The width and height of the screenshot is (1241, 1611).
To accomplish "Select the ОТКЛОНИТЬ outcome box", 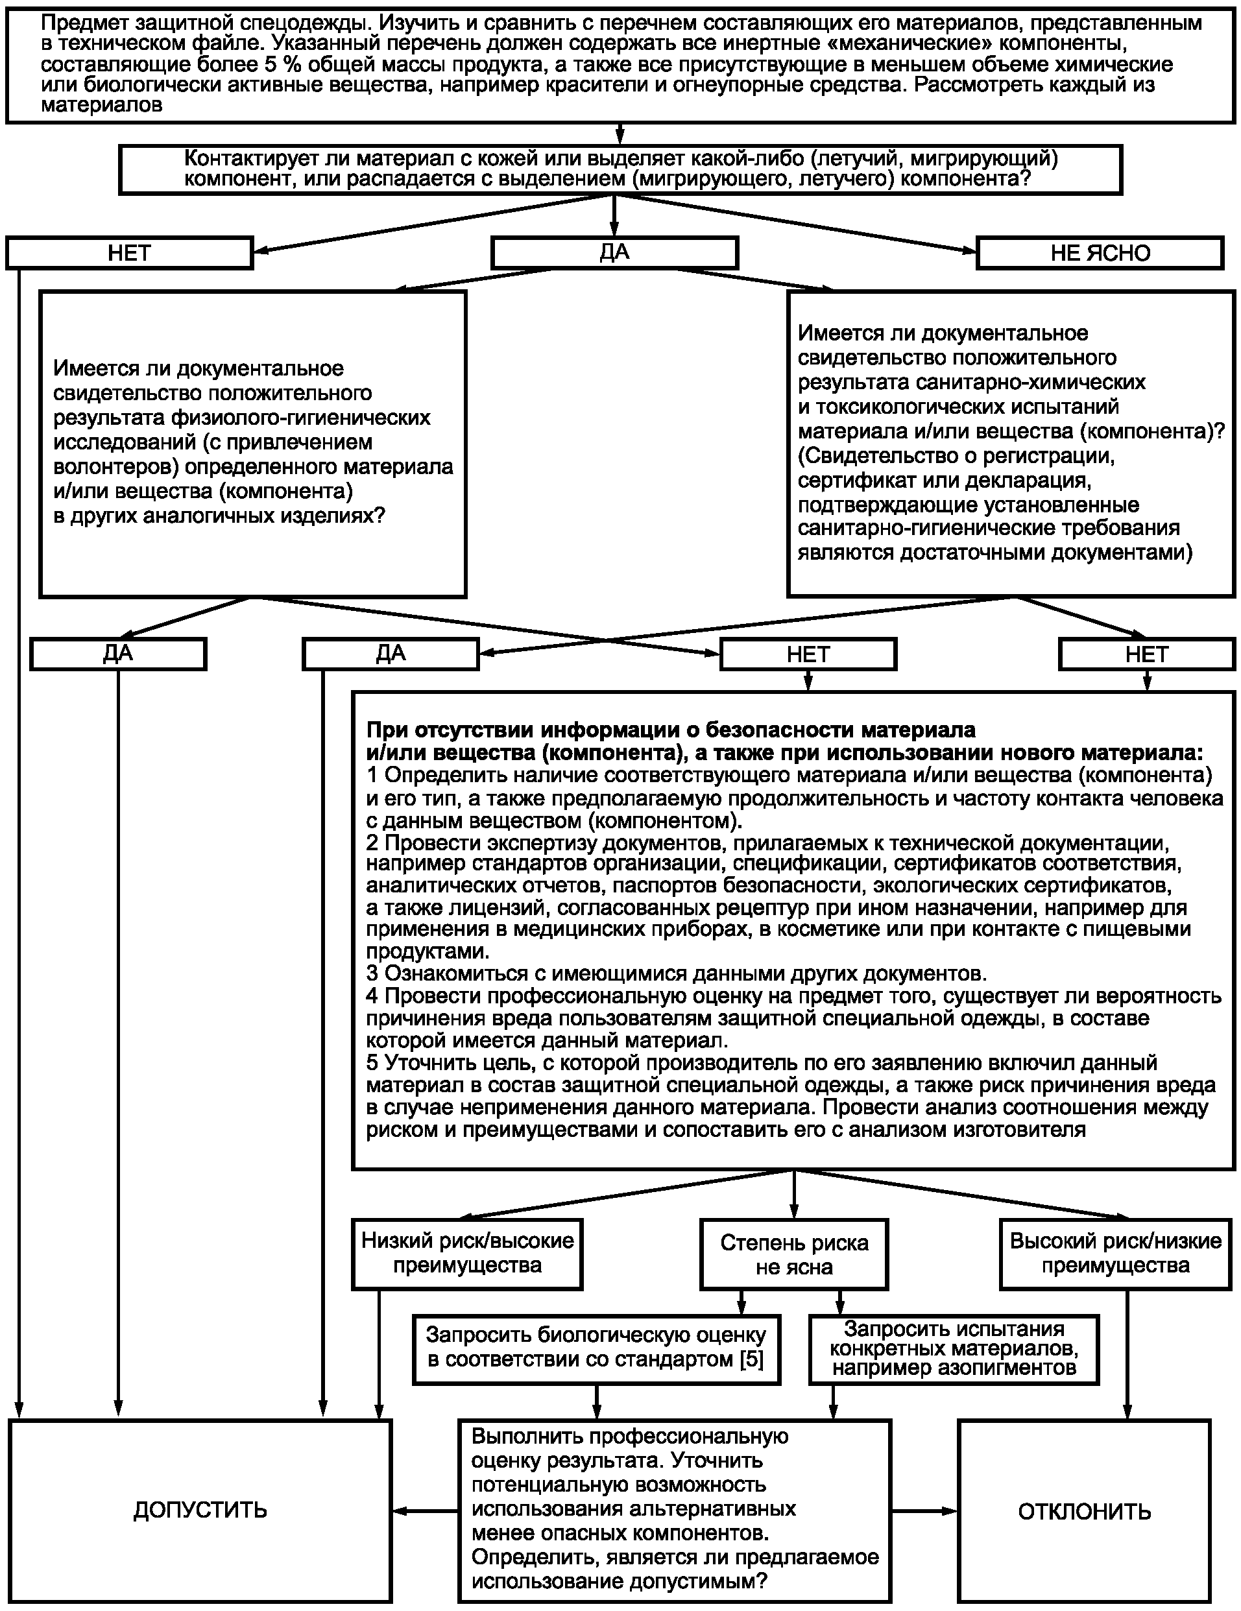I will [x=1084, y=1511].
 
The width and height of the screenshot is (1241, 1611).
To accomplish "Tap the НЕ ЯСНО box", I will [x=1100, y=253].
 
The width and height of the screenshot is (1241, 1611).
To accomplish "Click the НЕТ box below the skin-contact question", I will [x=129, y=253].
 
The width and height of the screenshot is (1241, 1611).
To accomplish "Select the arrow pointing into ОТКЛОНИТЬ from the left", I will [x=924, y=1510].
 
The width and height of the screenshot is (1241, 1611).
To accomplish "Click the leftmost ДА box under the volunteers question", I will [x=118, y=654].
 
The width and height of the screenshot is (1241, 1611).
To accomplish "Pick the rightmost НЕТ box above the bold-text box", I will [x=1146, y=654].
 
